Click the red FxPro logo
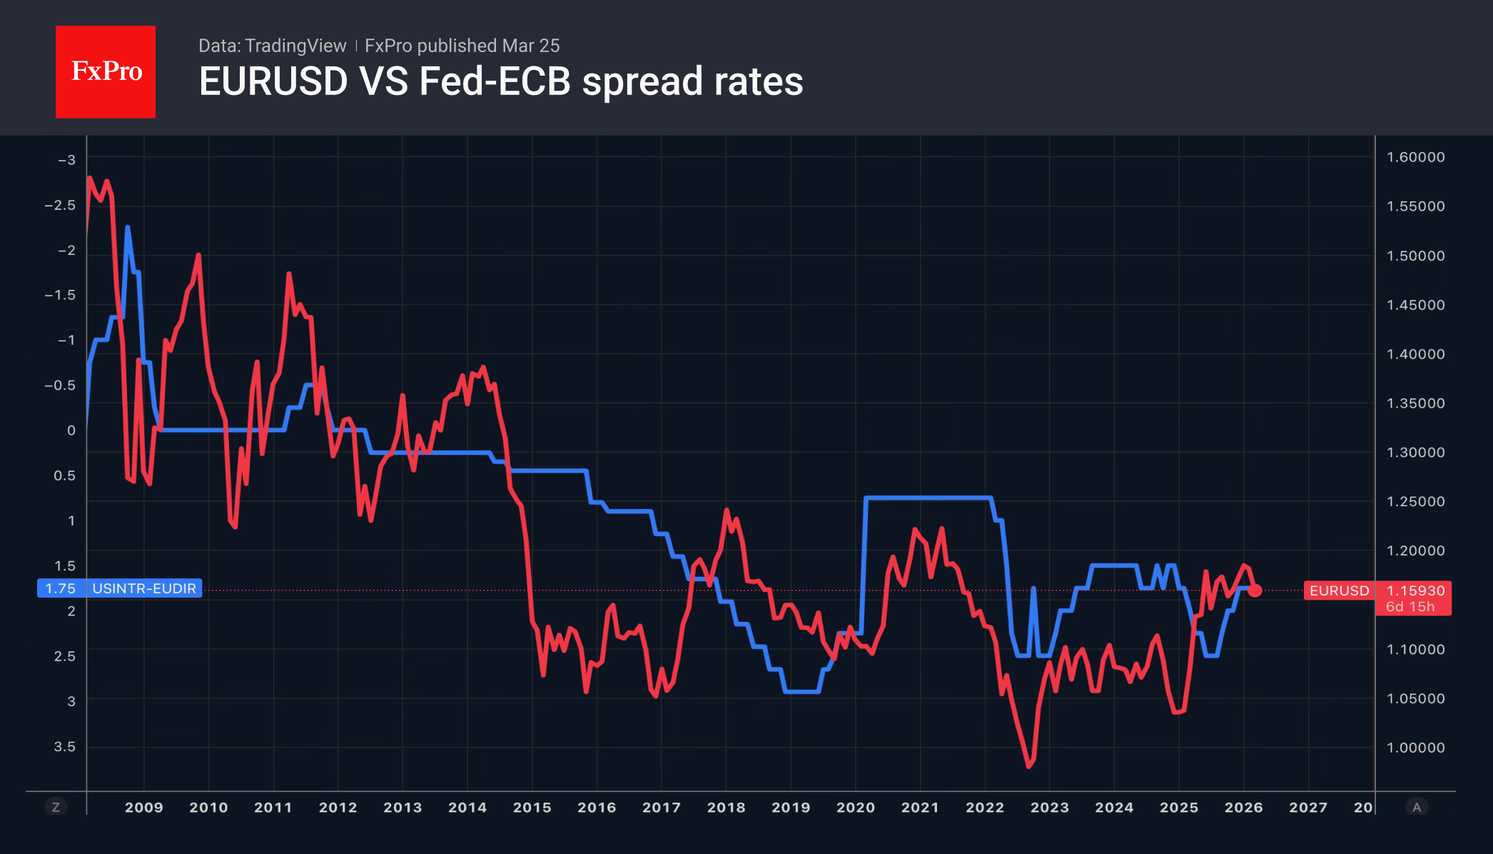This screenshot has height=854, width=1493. coord(106,71)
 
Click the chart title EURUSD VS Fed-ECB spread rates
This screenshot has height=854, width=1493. coord(501,81)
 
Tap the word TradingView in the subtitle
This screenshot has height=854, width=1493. coord(295,46)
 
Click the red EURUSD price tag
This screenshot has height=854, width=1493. coord(1339,591)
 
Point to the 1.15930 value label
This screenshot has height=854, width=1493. coord(1414,591)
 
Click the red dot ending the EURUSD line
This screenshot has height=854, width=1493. coord(1255,591)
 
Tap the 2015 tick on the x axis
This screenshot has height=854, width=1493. coord(532,808)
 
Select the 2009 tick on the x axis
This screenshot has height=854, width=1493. coord(143,808)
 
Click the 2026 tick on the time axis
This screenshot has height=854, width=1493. coord(1243,808)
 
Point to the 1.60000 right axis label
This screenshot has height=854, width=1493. coord(1415,157)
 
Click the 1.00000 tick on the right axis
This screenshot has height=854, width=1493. coord(1415,748)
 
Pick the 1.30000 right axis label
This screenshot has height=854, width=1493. coord(1415,452)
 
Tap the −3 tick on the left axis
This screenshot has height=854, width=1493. coord(66,160)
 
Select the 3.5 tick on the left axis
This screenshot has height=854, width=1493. coord(64,746)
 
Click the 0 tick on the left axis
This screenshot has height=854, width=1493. coord(71,431)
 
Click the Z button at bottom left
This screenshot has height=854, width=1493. coord(56,808)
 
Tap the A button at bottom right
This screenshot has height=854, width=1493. coord(1417,808)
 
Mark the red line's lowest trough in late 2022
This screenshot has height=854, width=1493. coord(1028,766)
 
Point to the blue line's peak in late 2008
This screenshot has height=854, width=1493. coord(127,228)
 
